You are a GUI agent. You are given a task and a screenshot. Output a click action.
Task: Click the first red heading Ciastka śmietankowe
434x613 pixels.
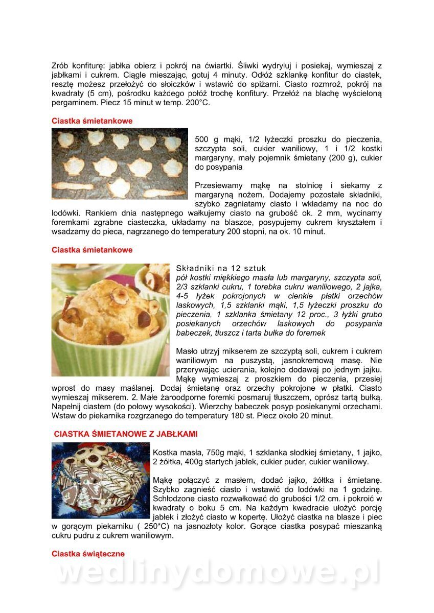coord(92,121)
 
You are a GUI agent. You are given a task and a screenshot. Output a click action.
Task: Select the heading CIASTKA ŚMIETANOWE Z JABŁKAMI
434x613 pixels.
coord(126,434)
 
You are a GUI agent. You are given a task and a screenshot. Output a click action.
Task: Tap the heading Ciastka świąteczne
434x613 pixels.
coord(88,554)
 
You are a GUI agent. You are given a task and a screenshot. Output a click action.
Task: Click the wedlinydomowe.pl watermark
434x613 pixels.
coord(217,574)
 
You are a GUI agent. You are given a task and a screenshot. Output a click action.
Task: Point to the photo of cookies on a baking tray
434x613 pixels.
coord(120,163)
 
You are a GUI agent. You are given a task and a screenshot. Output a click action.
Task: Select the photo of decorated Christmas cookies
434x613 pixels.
coord(101,480)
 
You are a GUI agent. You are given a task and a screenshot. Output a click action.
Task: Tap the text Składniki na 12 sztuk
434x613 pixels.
coord(221,268)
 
